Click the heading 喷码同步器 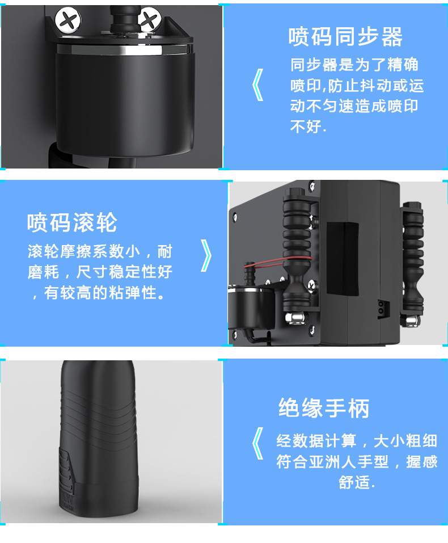[345, 37]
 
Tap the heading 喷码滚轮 [72, 222]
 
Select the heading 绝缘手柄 [324, 408]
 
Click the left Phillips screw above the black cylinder [68, 20]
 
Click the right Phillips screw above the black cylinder [149, 20]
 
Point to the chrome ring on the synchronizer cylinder [125, 49]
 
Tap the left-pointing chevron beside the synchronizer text [258, 85]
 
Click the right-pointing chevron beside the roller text [206, 255]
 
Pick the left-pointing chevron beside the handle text [258, 443]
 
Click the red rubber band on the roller [277, 262]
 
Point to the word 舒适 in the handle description [353, 482]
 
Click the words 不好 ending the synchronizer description [305, 127]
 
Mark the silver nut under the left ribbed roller [295, 318]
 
